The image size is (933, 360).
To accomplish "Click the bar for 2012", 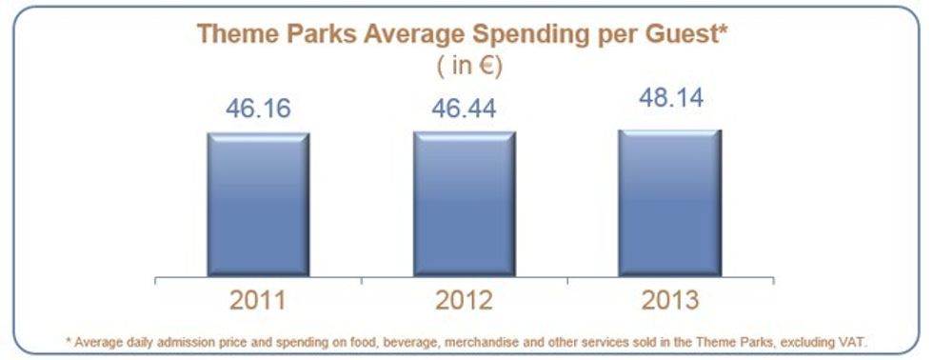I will coord(464,205).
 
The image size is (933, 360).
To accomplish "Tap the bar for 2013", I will coord(669,204).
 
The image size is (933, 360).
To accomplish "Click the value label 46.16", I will coord(258,110).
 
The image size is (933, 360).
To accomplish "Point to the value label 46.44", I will coord(464,110).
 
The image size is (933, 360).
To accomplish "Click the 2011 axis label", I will coord(258,302).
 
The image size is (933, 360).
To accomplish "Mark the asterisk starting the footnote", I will coord(68,339).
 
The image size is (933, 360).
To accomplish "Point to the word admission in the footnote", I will coord(190,340).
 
